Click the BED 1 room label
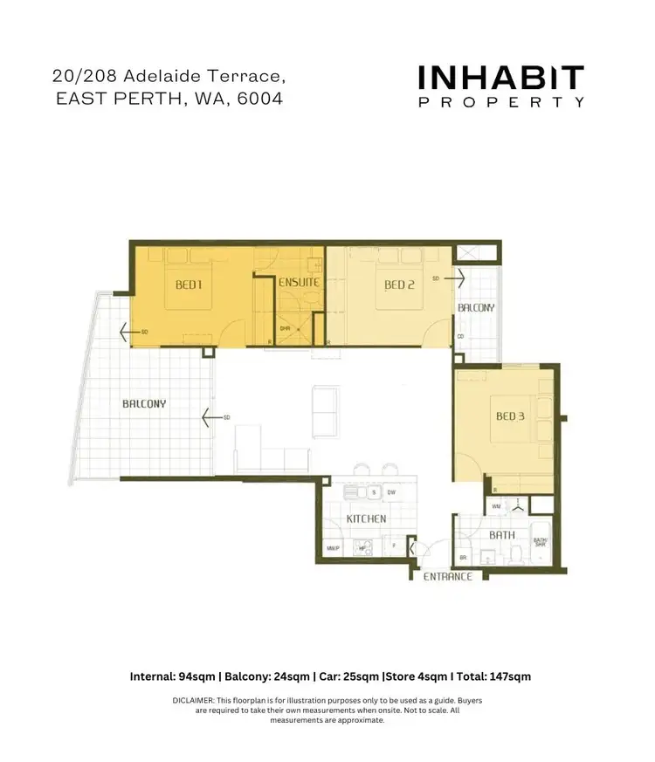(190, 285)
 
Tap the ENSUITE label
(299, 284)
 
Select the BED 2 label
(398, 285)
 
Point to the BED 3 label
(510, 416)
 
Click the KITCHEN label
(366, 518)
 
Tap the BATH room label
(501, 535)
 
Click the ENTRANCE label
(447, 577)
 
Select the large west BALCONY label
(144, 404)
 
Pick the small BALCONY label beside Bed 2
(476, 308)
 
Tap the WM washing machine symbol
(496, 505)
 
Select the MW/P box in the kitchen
(332, 548)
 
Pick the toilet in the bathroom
(515, 553)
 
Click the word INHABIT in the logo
(500, 79)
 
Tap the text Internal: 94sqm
(173, 676)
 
